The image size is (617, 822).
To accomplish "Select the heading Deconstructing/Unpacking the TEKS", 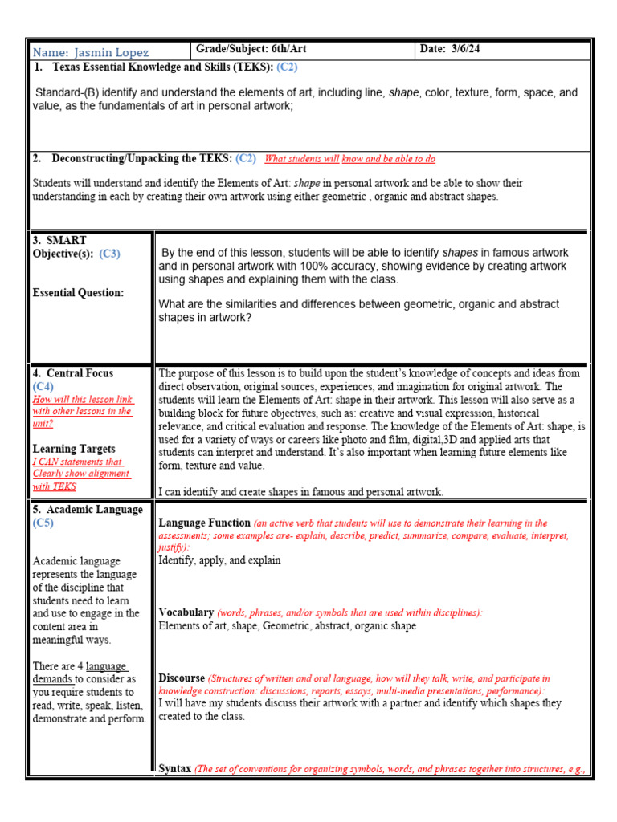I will coord(143,158).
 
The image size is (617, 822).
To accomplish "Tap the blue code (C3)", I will coord(109,254).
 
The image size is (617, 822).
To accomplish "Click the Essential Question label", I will coord(78,293).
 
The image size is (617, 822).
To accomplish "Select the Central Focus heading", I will coord(79,373).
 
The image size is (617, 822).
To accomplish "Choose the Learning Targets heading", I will coord(74,449).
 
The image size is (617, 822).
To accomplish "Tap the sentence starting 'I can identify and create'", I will coord(300,492).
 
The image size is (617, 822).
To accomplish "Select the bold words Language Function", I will coord(205,523).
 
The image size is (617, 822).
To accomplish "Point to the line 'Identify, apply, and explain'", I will coord(219,560).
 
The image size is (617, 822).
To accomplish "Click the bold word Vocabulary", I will coord(186,612).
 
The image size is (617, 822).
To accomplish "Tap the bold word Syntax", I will coord(175,768).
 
